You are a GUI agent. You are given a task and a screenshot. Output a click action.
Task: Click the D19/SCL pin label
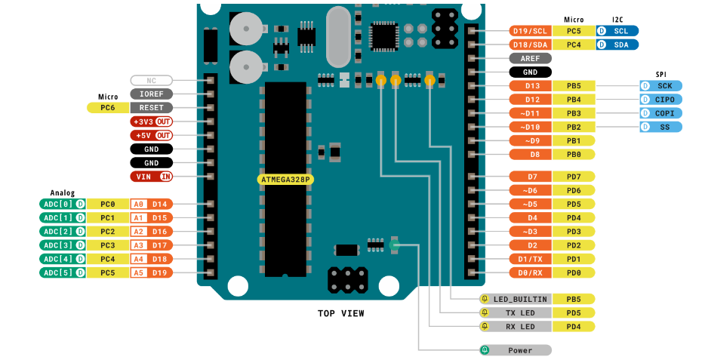530,31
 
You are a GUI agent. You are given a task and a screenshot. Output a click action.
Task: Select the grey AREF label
530,58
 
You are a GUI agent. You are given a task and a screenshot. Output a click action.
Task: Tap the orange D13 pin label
530,86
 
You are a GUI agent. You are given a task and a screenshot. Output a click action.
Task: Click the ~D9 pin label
530,140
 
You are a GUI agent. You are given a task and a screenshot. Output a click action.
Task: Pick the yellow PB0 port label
573,154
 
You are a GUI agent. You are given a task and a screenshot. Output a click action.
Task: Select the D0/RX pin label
530,272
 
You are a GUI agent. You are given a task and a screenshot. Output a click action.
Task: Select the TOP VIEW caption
341,313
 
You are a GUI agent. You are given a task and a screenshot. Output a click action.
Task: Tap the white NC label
152,80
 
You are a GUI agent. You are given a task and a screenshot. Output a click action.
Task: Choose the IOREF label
152,94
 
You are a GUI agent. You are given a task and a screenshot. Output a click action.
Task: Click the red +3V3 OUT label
152,122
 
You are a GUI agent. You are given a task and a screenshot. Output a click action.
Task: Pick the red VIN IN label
152,177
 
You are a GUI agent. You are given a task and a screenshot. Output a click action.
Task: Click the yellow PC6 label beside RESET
108,108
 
